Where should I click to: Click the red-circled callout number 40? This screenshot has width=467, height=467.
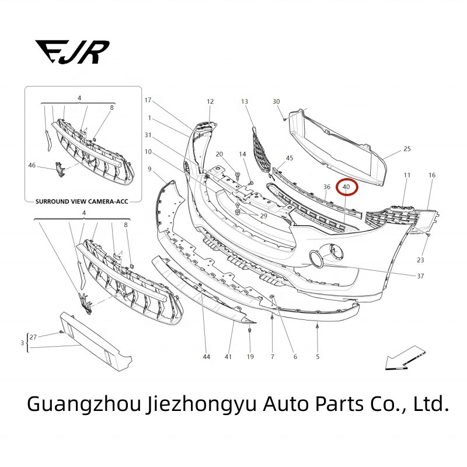[346, 187]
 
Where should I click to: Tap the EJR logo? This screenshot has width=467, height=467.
[72, 51]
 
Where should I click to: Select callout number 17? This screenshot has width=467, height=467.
[148, 100]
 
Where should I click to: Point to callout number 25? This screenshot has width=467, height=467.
[407, 149]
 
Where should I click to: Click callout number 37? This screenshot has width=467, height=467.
[420, 276]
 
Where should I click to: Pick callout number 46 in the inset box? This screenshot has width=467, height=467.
[32, 165]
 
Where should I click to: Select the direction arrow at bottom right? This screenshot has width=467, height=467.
[405, 359]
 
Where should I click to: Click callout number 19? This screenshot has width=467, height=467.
[250, 356]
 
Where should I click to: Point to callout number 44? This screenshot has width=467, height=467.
[206, 356]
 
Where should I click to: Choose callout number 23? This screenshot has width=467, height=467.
[420, 260]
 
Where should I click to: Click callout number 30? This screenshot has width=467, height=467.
[276, 102]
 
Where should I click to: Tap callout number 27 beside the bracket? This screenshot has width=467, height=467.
[33, 337]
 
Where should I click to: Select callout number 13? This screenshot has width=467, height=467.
[245, 102]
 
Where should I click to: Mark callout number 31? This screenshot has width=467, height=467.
[148, 135]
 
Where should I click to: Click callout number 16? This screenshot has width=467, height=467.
[432, 175]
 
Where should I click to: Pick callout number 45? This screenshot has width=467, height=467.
[290, 158]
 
